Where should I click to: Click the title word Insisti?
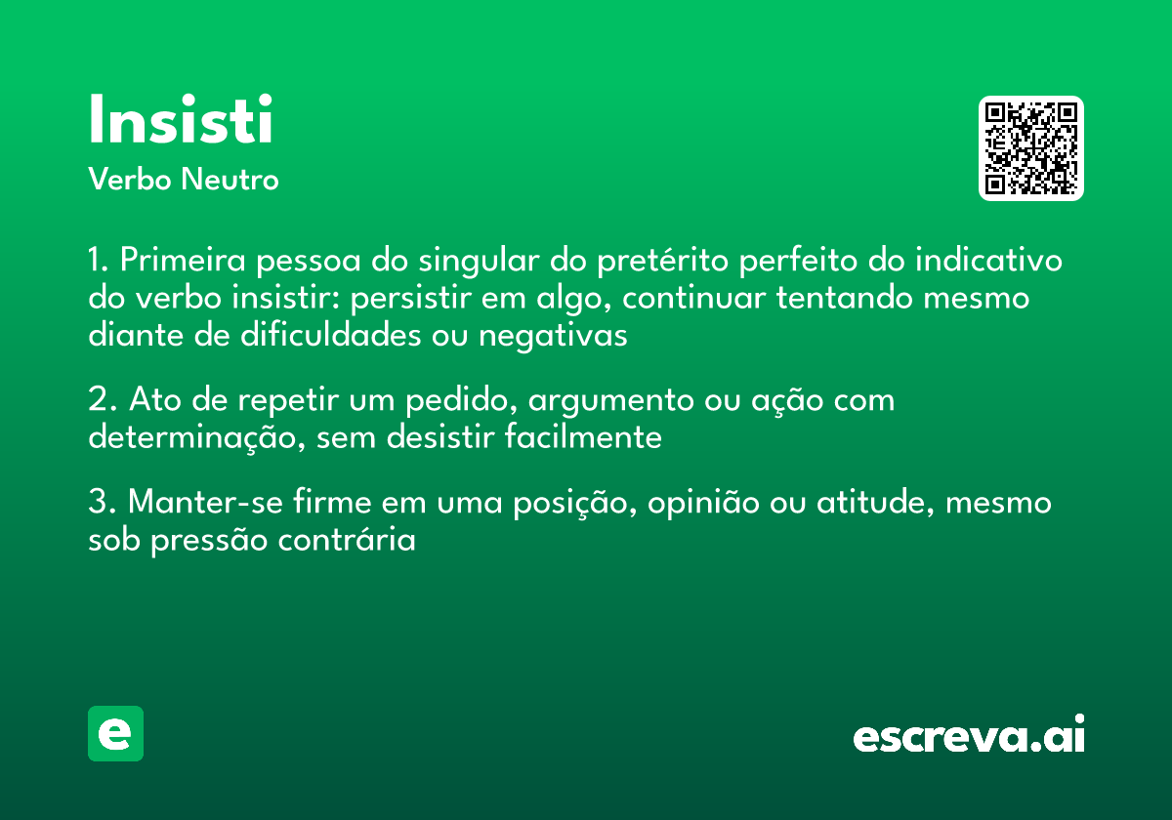[181, 121]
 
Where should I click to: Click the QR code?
[1031, 148]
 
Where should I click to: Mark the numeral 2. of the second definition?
[103, 400]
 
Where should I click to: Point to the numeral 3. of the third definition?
[103, 503]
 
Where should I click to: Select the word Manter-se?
[203, 503]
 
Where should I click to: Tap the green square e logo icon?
[115, 733]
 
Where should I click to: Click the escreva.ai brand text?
[969, 736]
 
